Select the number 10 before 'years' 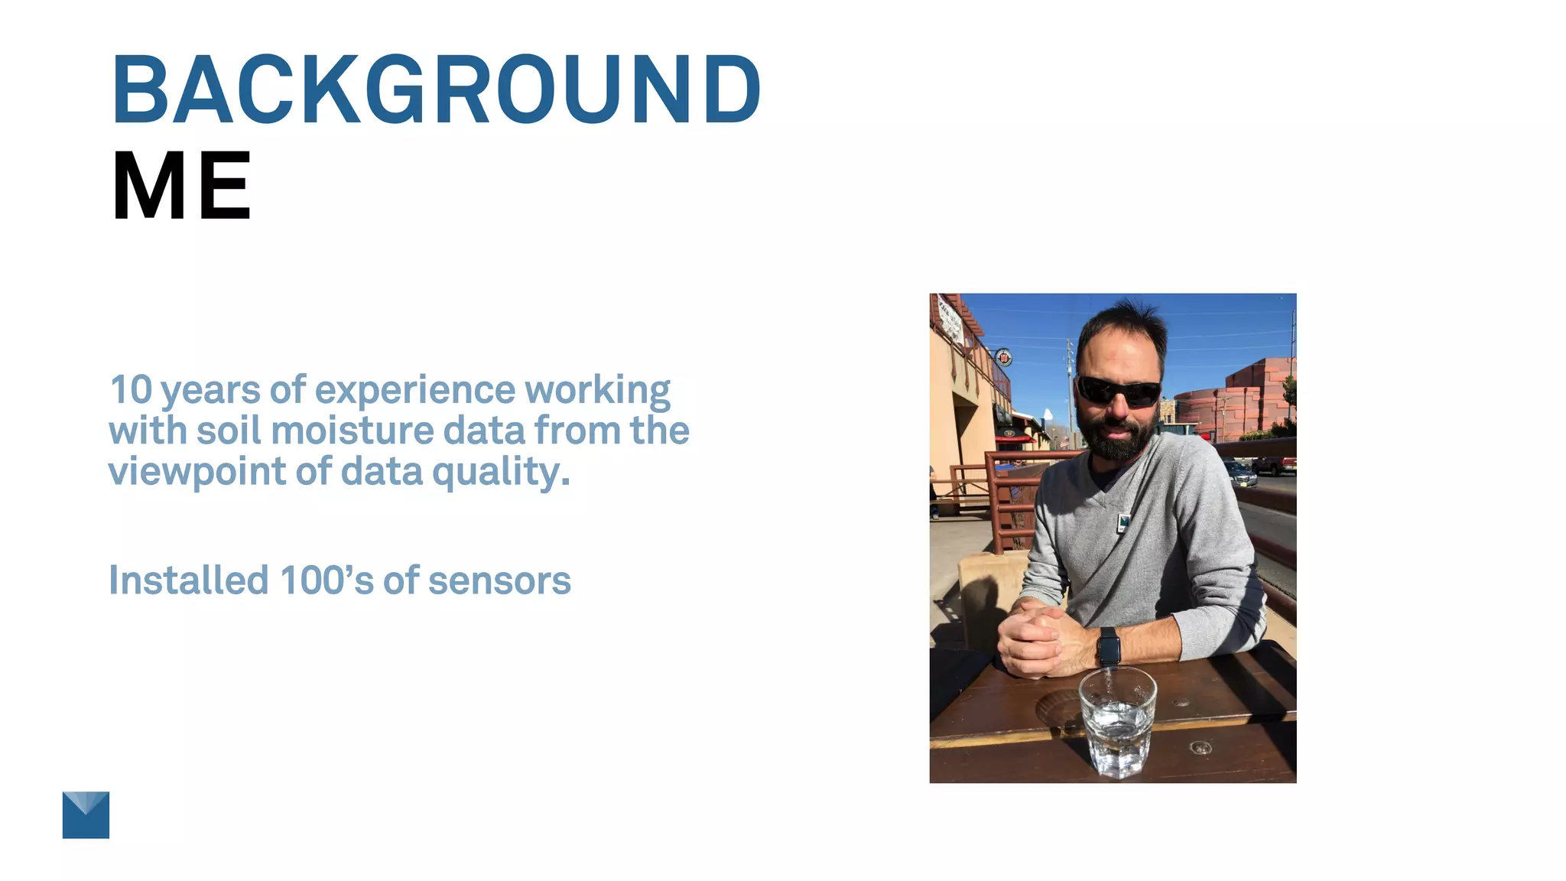pos(132,390)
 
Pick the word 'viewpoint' pos(197,472)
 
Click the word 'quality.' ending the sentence pos(501,472)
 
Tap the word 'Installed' pos(188,580)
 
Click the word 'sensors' pos(499,581)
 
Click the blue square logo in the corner pos(86,814)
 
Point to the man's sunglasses pos(1119,391)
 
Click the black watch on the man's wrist pos(1109,647)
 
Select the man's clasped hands pos(1036,639)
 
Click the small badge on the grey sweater pos(1123,523)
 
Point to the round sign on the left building pos(1004,357)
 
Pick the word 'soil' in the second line pos(229,431)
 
